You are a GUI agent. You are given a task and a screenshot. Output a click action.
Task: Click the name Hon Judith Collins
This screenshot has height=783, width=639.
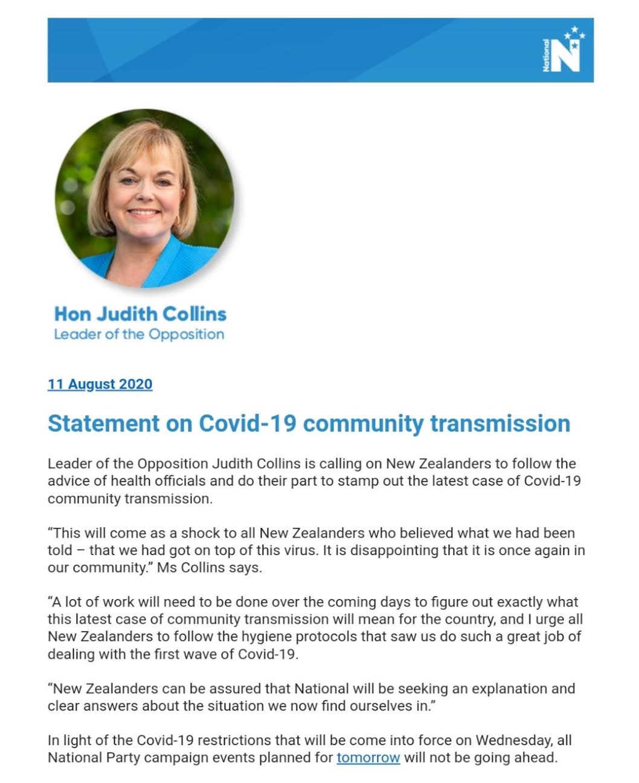pos(140,314)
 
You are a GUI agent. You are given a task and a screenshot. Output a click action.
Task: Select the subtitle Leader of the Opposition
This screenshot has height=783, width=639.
pos(139,334)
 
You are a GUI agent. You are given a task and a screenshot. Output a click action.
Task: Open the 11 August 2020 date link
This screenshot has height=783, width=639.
pos(100,384)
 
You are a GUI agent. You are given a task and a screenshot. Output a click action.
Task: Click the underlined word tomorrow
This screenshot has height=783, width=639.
pos(368,757)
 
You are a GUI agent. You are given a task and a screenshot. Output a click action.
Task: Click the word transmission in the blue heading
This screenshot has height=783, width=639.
pos(500,423)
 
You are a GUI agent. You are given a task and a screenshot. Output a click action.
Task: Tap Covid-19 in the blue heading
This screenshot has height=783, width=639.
pos(248,423)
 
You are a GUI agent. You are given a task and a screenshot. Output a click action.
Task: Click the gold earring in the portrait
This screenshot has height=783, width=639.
pos(108,215)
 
